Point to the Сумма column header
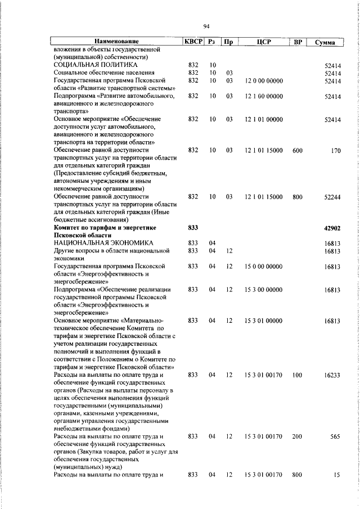[326, 43]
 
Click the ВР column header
[298, 42]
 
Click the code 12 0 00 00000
[264, 81]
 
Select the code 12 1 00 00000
[264, 96]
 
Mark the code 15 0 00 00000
[264, 267]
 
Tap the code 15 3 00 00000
[264, 290]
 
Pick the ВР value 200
[298, 436]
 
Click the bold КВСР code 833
[193, 228]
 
